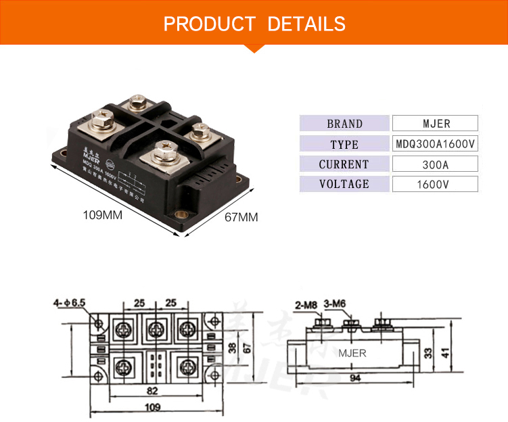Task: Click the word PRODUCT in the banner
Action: pos(209,24)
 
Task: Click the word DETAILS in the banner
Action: pos(306,24)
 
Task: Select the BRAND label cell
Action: pos(344,124)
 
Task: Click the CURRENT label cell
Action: pos(344,164)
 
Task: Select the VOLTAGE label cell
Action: pos(344,184)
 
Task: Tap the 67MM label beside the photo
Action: pos(241,217)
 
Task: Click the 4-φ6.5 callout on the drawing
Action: pos(70,304)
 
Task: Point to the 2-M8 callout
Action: pos(306,304)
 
